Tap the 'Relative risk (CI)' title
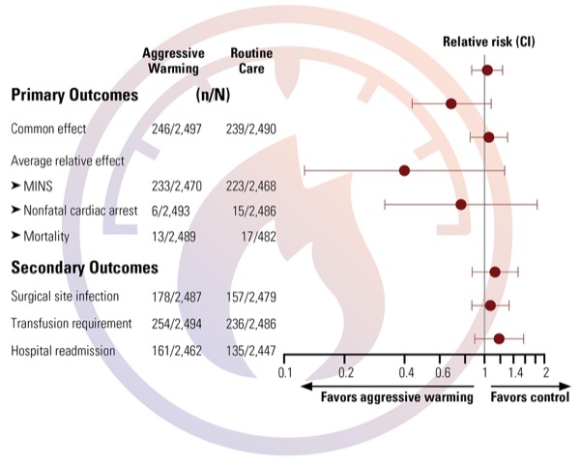(x=488, y=42)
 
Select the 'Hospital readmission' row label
(x=63, y=351)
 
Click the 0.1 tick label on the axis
(x=285, y=372)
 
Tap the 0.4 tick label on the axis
(x=406, y=372)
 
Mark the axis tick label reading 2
(x=546, y=372)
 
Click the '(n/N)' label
(x=212, y=96)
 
